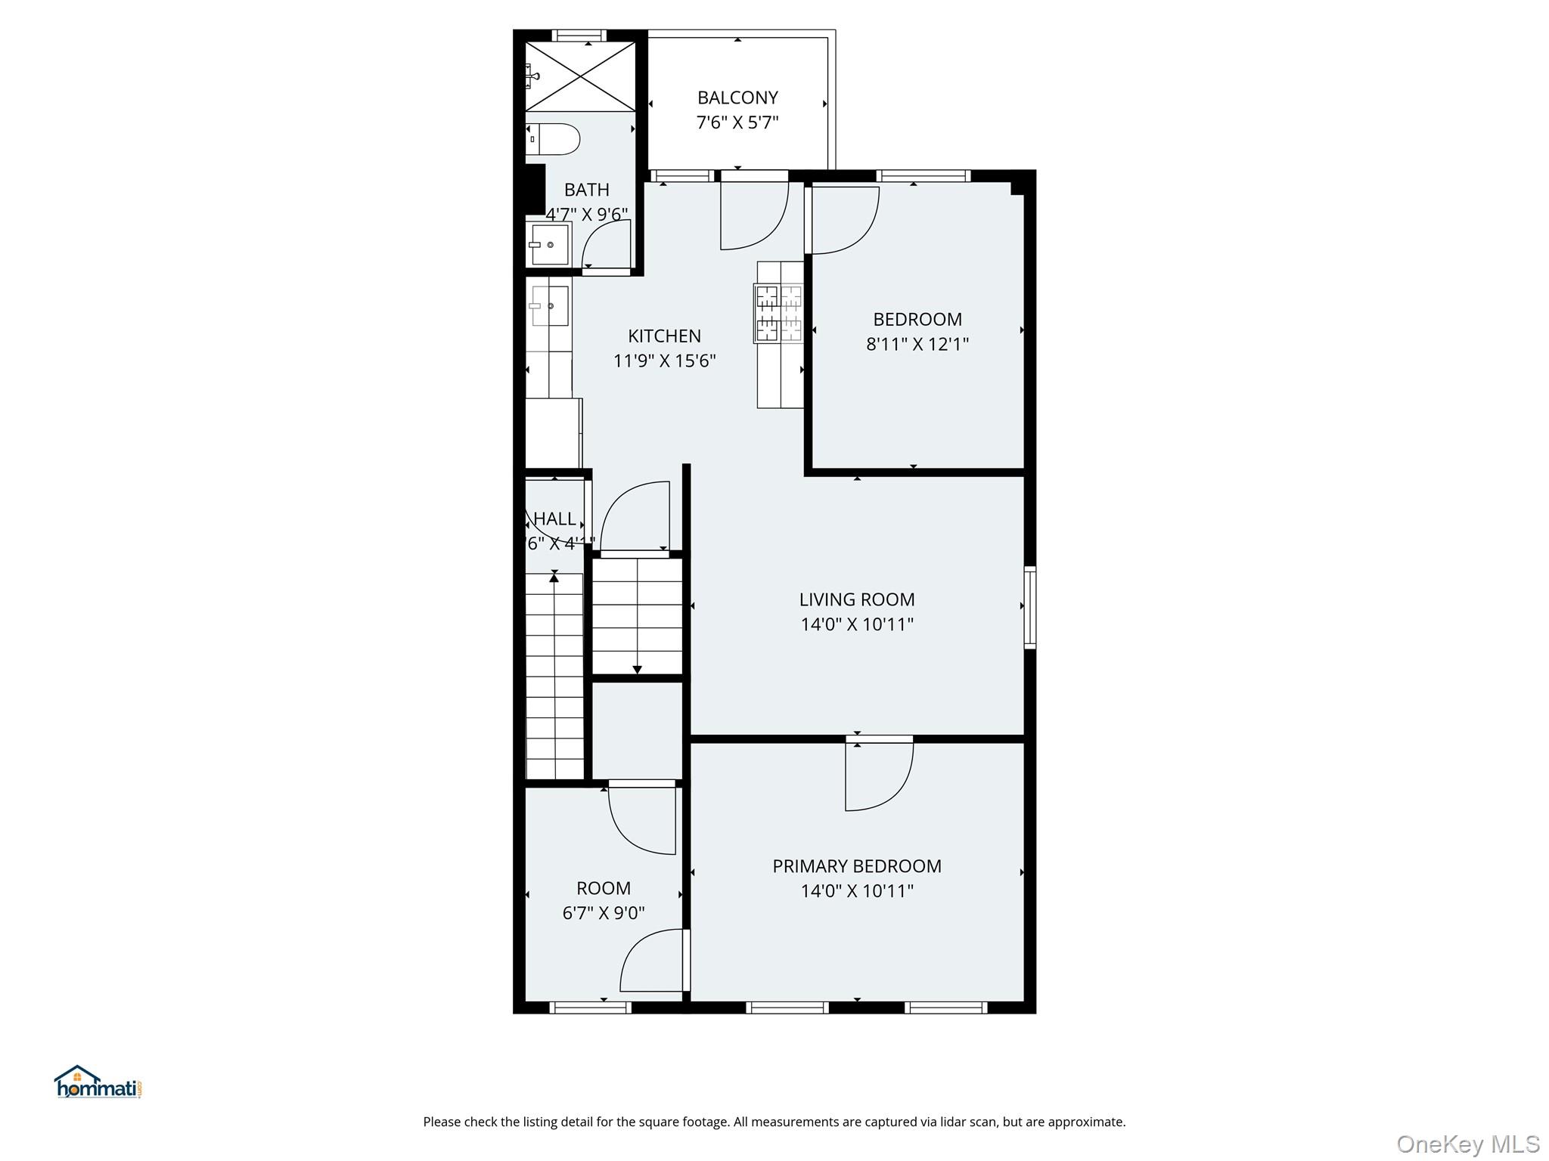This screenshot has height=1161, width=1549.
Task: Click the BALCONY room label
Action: click(x=737, y=98)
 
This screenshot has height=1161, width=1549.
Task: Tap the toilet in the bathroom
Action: click(x=554, y=140)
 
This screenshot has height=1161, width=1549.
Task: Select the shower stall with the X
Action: click(x=580, y=76)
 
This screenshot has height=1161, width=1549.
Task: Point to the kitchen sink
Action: click(x=550, y=305)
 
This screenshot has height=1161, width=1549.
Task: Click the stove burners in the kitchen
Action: click(x=779, y=312)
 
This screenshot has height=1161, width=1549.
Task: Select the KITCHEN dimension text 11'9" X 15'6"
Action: click(x=664, y=361)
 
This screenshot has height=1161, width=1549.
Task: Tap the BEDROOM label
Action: click(x=917, y=319)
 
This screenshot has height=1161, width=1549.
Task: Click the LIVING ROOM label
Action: click(x=857, y=599)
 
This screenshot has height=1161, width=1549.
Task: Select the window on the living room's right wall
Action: click(x=1029, y=607)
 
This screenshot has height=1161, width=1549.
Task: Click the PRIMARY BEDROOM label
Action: click(x=857, y=866)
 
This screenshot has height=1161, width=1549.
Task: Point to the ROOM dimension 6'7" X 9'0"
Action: click(x=603, y=913)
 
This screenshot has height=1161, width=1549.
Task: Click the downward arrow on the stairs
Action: click(x=637, y=668)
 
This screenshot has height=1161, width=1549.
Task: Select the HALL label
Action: click(x=554, y=519)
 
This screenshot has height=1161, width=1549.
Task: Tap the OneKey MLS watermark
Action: click(x=1467, y=1144)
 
